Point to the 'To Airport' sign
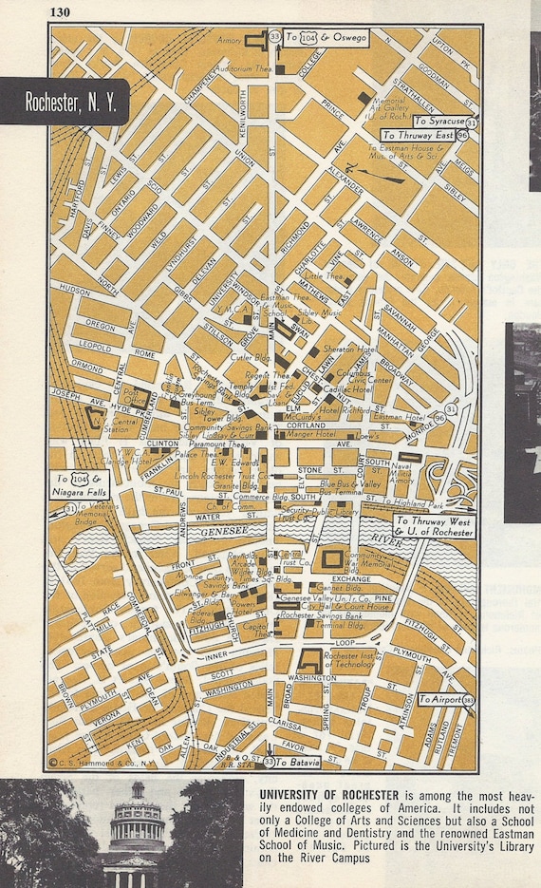pos(438,699)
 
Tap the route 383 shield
pos(470,700)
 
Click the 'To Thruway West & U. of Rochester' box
pos(433,526)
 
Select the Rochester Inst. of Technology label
pos(350,660)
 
